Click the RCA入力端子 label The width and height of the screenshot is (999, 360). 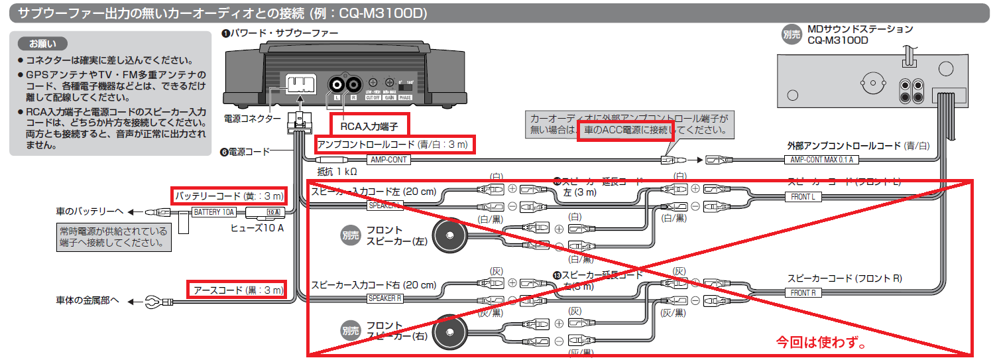tap(369, 123)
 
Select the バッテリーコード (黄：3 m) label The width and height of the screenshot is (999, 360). tap(229, 196)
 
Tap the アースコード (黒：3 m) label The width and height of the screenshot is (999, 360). tap(237, 290)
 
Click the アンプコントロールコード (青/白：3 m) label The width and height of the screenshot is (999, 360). tap(395, 145)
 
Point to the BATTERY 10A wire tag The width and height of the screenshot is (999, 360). tap(213, 212)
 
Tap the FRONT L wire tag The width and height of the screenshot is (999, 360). tap(802, 197)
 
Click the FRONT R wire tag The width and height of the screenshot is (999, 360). tap(802, 292)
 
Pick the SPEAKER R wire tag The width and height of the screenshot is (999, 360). tap(385, 298)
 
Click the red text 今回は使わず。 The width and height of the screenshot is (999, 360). tap(821, 343)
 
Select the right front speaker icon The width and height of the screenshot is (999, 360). tap(449, 331)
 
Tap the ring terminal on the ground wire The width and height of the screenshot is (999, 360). tap(152, 302)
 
